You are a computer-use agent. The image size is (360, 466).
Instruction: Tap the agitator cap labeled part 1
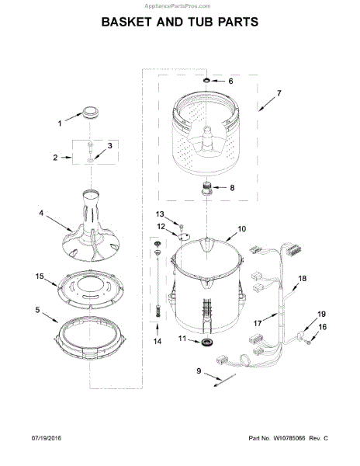[90, 113]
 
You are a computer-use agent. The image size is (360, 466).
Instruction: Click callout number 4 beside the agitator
[40, 213]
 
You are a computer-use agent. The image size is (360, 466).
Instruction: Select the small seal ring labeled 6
[206, 80]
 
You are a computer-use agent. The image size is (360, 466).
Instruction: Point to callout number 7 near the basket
[279, 93]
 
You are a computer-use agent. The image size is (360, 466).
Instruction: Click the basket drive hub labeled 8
[206, 189]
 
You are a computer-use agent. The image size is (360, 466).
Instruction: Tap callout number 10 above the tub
[242, 229]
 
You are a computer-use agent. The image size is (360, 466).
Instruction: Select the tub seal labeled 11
[206, 342]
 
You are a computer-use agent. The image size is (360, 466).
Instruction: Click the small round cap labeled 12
[184, 236]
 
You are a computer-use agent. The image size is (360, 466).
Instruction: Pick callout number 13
[160, 214]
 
